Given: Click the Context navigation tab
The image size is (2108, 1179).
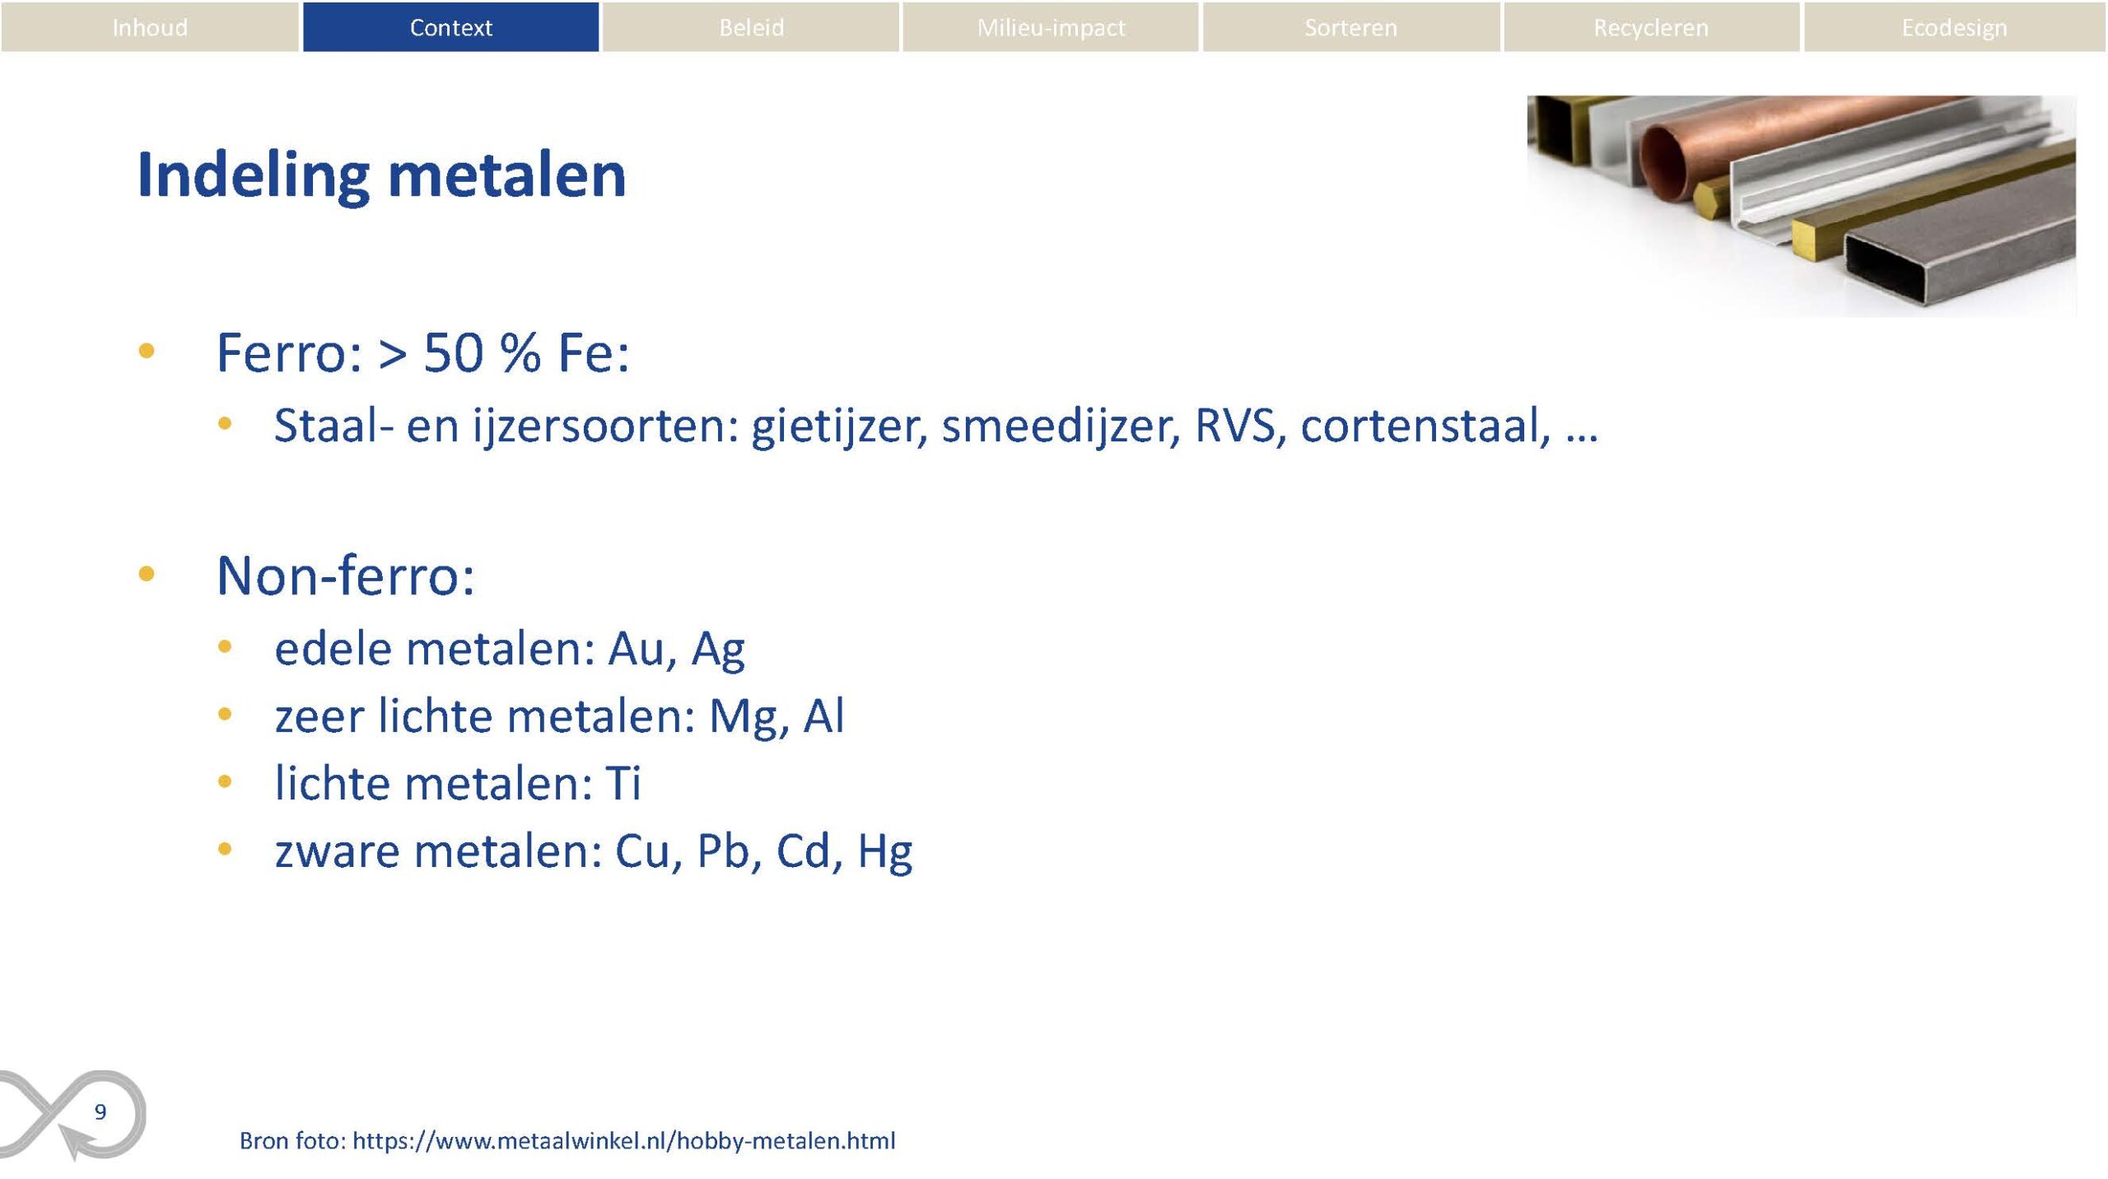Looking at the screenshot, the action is (450, 27).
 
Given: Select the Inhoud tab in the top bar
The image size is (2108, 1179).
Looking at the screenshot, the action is (150, 27).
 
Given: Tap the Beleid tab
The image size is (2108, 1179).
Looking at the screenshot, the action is (751, 27).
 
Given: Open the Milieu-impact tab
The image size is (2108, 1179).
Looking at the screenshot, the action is (1051, 27).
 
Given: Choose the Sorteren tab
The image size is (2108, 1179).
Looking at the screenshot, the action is (1350, 27).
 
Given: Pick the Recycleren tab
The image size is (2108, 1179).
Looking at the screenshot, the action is (1651, 27).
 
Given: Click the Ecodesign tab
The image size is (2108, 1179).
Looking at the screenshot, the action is (1954, 27).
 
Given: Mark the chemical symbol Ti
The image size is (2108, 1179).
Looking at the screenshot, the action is (623, 782).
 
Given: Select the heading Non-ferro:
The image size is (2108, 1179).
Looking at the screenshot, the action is (345, 575).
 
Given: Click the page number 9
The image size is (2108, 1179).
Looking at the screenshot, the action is (100, 1111).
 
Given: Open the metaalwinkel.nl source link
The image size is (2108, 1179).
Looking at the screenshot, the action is (623, 1140).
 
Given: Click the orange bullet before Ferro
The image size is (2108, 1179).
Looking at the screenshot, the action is (147, 351).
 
